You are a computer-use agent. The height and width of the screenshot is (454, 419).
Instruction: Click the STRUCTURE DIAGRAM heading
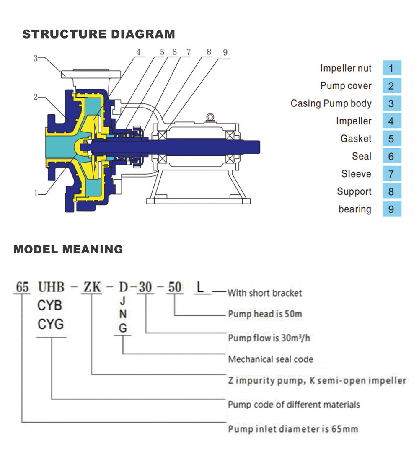99,34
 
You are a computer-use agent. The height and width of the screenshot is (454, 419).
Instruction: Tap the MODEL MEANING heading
68,250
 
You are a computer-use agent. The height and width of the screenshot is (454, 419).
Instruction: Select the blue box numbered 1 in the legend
391,68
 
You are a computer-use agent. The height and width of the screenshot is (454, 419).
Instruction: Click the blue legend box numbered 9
391,209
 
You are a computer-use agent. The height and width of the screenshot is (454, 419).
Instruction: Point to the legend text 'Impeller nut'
346,68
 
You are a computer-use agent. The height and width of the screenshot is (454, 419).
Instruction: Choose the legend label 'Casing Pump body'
331,103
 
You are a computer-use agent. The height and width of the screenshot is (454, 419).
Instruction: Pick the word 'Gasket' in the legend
356,139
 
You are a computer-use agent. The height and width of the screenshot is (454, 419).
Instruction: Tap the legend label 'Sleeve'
356,174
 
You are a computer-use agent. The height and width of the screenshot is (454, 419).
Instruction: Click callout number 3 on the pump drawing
36,59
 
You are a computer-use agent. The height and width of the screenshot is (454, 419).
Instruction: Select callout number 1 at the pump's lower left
36,193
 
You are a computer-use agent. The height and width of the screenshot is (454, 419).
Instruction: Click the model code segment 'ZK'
92,287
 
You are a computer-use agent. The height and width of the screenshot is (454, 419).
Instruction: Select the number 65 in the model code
22,288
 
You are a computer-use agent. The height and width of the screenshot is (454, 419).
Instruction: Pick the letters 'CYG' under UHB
50,324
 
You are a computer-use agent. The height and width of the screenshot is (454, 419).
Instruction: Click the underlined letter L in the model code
201,287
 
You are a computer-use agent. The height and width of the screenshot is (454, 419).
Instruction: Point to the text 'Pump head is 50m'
265,314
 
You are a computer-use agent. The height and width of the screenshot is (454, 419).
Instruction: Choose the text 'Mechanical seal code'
270,359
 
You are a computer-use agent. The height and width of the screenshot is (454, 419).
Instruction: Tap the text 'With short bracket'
264,293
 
